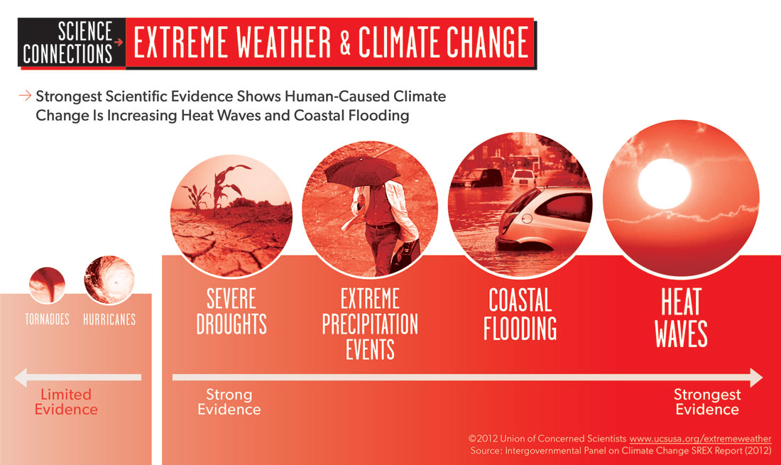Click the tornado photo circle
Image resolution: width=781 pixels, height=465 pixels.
pyautogui.click(x=48, y=285)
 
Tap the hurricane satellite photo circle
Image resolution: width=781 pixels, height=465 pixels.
pyautogui.click(x=109, y=280)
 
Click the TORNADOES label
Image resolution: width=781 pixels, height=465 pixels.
pyautogui.click(x=48, y=319)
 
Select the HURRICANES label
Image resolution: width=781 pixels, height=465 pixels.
pyautogui.click(x=109, y=319)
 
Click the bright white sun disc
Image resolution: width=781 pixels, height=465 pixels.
pyautogui.click(x=665, y=184)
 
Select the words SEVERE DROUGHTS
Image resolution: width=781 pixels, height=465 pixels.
pyautogui.click(x=231, y=312)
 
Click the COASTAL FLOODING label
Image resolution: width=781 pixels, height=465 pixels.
pyautogui.click(x=520, y=314)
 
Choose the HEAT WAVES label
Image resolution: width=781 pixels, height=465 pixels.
pyautogui.click(x=681, y=317)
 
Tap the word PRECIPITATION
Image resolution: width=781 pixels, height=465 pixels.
pyautogui.click(x=370, y=324)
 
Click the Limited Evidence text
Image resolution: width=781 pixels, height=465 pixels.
pyautogui.click(x=66, y=402)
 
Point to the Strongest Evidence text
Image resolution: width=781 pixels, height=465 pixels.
pyautogui.click(x=707, y=402)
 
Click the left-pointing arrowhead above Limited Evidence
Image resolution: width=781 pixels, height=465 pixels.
pyautogui.click(x=21, y=378)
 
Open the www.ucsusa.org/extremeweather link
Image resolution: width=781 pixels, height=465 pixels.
pyautogui.click(x=700, y=439)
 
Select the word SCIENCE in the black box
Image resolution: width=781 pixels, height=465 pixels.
pyautogui.click(x=85, y=31)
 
